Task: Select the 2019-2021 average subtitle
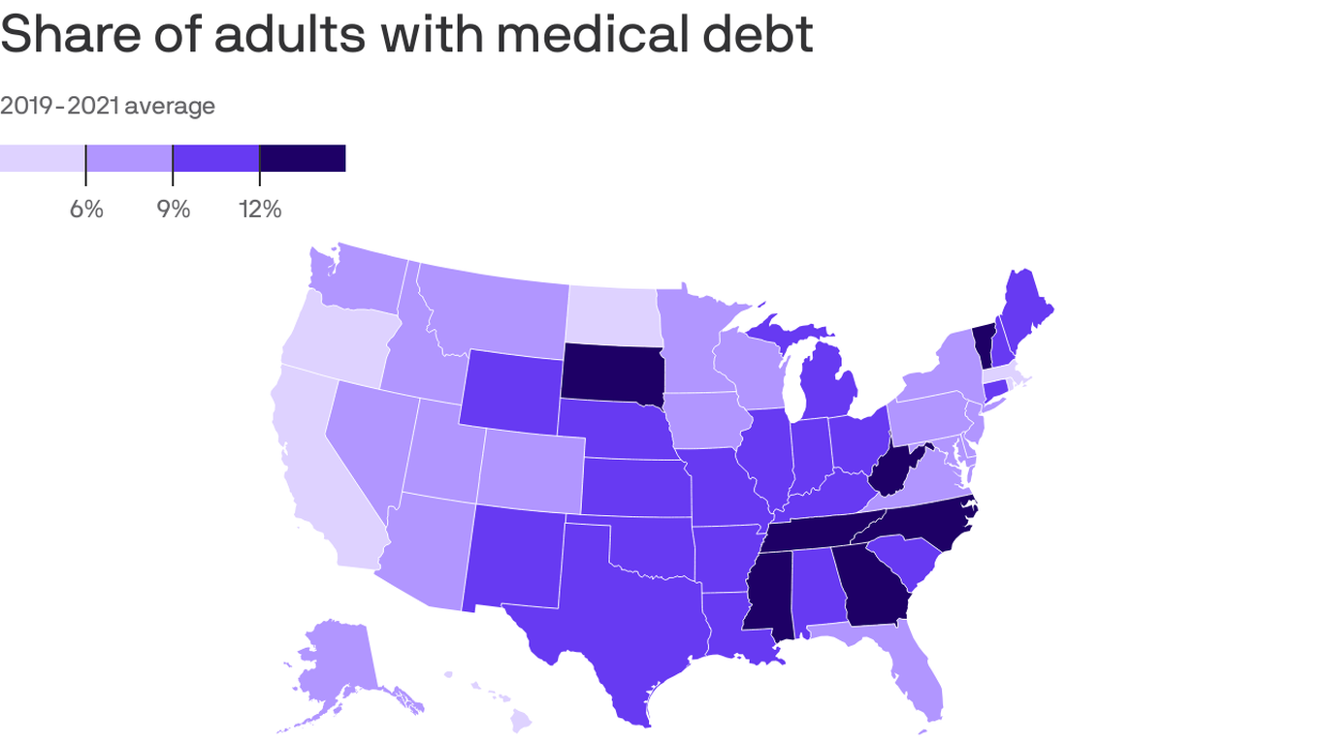pos(108,106)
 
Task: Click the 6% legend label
pos(86,209)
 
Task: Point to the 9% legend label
pos(173,209)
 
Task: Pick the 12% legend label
pos(259,209)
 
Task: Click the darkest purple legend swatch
pos(303,158)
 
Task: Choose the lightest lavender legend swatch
pos(43,158)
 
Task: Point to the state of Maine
pos(1026,310)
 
